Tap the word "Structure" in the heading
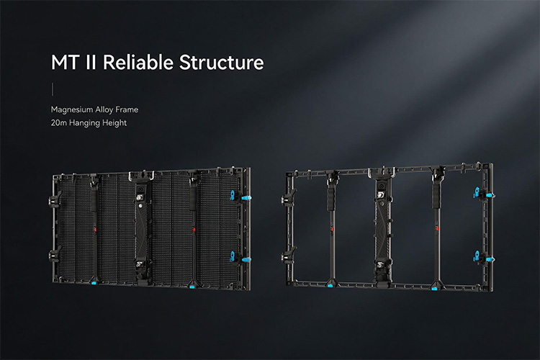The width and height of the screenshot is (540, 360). [x=222, y=63]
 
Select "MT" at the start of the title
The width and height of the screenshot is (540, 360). [x=65, y=63]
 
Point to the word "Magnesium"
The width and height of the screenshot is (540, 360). [x=71, y=110]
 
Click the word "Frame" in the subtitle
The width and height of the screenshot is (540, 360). [x=127, y=109]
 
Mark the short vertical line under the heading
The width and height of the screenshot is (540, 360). [x=53, y=89]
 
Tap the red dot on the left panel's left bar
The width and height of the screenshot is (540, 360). [x=95, y=229]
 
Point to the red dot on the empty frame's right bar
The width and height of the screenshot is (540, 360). [x=437, y=228]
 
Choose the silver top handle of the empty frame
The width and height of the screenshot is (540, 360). [x=382, y=172]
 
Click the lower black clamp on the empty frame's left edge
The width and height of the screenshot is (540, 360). [x=289, y=256]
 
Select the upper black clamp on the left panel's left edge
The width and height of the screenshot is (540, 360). [x=55, y=199]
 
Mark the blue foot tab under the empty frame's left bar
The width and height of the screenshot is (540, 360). [x=330, y=286]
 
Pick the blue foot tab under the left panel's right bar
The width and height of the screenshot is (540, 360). [x=192, y=286]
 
